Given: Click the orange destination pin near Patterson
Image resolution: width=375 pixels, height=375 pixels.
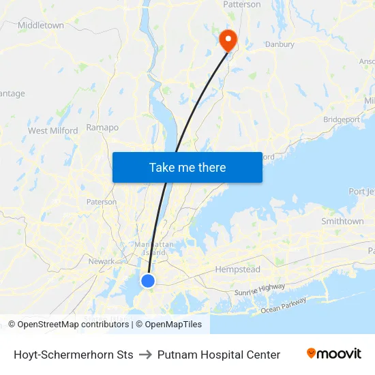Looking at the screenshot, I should (227, 40).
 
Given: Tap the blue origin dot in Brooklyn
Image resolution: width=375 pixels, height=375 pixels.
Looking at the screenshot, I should (148, 280).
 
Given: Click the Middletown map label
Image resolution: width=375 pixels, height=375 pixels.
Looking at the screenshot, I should (41, 25).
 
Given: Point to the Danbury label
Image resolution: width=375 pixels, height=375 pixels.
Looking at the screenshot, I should (279, 44).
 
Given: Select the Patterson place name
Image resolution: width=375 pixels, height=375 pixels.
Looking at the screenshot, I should (242, 5).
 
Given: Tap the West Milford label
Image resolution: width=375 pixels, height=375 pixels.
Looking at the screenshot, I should (52, 130).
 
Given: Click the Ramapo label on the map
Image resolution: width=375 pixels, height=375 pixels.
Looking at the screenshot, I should (103, 127).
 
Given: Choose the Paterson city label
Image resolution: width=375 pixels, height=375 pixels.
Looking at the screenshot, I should (102, 202).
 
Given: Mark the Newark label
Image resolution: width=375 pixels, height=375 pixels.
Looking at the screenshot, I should (102, 261).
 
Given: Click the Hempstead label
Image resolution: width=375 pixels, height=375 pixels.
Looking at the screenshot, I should (238, 269).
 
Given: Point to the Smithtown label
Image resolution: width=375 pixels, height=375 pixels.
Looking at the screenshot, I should (342, 222).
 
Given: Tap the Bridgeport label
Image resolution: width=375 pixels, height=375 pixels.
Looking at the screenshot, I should (342, 119).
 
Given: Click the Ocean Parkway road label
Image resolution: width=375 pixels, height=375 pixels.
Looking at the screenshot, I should (284, 305).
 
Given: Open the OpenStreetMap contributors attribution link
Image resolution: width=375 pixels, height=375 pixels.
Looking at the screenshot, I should (68, 325).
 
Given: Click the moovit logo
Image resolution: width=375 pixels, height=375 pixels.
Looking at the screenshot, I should (334, 354).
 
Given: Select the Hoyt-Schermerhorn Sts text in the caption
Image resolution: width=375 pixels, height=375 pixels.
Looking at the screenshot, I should (74, 355).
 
